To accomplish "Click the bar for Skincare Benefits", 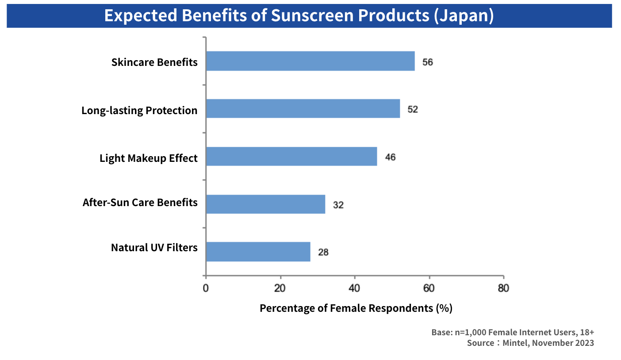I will (310, 61).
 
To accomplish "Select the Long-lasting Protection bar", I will (303, 108).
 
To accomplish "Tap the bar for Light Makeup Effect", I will (291, 156).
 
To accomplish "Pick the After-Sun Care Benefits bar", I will (265, 204).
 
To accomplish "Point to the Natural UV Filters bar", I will (258, 252).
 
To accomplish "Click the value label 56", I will (427, 62).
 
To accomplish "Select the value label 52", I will (412, 109).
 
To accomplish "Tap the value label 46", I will (390, 157).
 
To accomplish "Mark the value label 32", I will (338, 205).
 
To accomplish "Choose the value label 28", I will (323, 253).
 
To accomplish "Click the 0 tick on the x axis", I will (206, 289).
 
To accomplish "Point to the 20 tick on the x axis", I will (280, 289).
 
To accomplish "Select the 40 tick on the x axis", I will (354, 289).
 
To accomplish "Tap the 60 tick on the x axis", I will (429, 289).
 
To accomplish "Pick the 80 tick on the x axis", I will (503, 289).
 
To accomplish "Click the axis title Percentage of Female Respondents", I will (356, 308).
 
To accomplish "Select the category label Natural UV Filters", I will (154, 247).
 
